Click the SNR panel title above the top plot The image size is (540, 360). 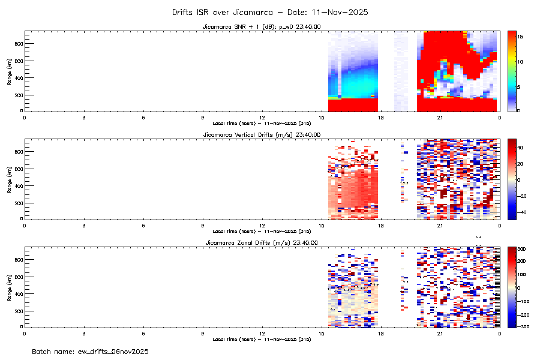click(x=261, y=27)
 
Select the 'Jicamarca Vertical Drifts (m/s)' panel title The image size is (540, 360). click(x=261, y=135)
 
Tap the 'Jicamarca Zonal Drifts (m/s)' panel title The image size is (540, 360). click(x=261, y=242)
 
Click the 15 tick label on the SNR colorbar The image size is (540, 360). click(x=521, y=37)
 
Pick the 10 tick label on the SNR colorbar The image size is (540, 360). click(x=521, y=62)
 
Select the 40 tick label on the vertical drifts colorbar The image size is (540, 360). click(x=521, y=147)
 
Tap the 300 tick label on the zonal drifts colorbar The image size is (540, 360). click(x=522, y=248)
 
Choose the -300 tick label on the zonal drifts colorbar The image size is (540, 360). click(x=522, y=327)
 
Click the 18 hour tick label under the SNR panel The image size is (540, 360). click(x=380, y=117)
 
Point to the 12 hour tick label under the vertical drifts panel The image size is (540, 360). click(x=262, y=225)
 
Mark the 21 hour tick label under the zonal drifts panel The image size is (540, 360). click(x=440, y=333)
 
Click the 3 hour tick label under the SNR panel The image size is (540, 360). click(x=83, y=117)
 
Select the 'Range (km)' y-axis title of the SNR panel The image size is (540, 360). click(x=10, y=71)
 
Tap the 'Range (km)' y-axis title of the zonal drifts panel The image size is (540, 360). click(x=10, y=287)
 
